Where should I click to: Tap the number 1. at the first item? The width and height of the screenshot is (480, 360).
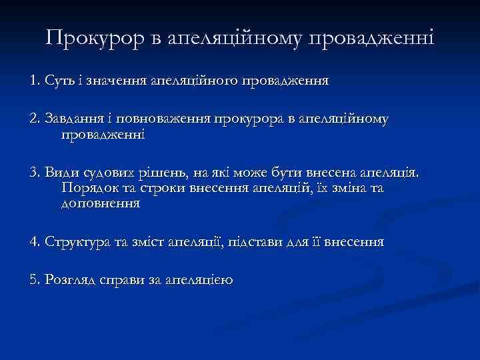(x=35, y=81)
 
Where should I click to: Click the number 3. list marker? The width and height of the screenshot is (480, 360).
(x=35, y=173)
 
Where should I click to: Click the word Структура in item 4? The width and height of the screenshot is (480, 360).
(x=78, y=242)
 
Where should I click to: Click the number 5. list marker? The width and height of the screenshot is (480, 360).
(x=35, y=280)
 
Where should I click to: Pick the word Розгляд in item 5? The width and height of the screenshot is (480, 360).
(x=71, y=281)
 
